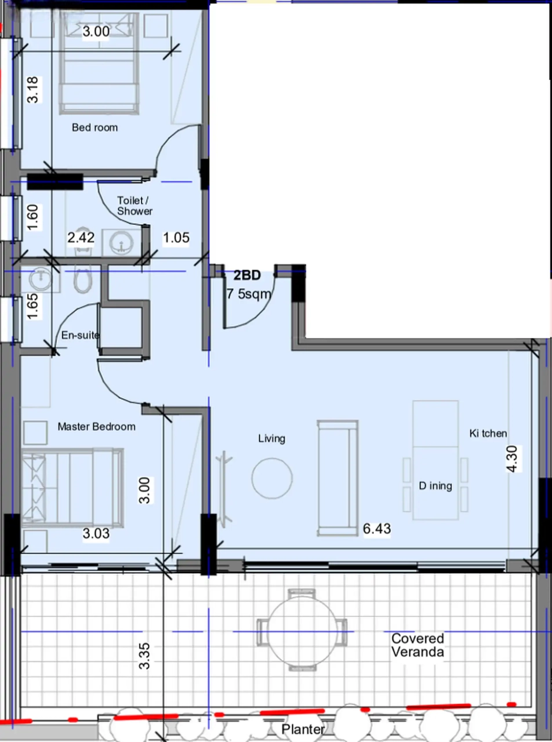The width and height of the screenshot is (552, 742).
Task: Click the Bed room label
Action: [x=95, y=128]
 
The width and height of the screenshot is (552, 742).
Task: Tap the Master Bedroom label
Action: [x=96, y=427]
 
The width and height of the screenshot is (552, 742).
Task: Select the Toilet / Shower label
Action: [x=135, y=206]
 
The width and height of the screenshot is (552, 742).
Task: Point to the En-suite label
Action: [x=81, y=335]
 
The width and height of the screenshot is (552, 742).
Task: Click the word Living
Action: [x=271, y=439]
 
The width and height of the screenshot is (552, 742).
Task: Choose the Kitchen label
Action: [x=488, y=434]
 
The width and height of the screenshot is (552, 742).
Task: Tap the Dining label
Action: [x=435, y=486]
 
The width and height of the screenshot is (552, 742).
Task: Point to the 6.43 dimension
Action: [x=377, y=529]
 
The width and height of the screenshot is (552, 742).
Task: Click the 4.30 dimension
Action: [x=512, y=459]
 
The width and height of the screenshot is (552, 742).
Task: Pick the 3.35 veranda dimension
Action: [x=144, y=656]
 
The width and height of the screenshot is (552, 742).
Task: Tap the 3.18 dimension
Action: [x=33, y=90]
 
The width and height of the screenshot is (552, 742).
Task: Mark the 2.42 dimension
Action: [x=81, y=238]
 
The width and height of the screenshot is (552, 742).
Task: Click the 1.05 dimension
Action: [x=176, y=238]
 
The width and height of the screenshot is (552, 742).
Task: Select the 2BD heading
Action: [x=247, y=275]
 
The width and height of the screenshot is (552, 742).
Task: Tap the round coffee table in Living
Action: [x=272, y=478]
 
